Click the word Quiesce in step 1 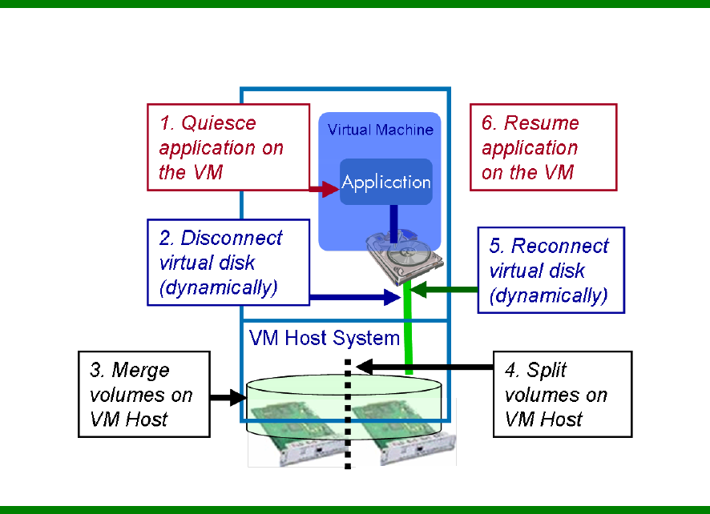(x=219, y=123)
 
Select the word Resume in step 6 (x=541, y=123)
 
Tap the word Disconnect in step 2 (x=232, y=239)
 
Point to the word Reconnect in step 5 (x=560, y=246)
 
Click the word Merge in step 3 (x=141, y=371)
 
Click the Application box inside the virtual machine (x=386, y=182)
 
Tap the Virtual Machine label (x=381, y=130)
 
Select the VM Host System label (x=325, y=338)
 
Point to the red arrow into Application (x=325, y=189)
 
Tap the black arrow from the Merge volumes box (x=228, y=396)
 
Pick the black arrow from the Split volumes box (x=425, y=367)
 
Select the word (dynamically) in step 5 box (x=548, y=295)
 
